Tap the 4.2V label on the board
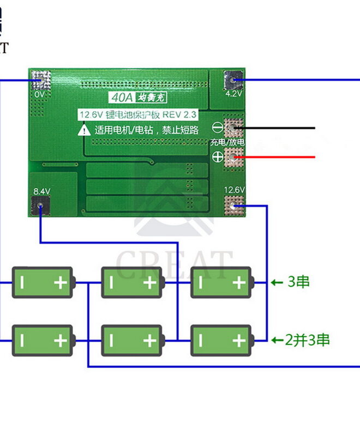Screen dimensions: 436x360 coord(233,93)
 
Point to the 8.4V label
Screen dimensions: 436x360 coord(41,191)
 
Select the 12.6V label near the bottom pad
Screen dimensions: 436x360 coord(235,190)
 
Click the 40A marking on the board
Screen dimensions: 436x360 coord(118,98)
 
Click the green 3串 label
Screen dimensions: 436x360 coord(298,282)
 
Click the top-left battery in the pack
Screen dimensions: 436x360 coord(43,282)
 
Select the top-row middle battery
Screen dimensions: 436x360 coord(131,282)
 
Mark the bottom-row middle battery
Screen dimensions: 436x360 coord(131,340)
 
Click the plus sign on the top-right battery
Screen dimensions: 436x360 coord(238,282)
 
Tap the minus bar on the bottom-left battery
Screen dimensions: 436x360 coord(22,340)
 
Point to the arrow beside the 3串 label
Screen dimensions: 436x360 coord(275,282)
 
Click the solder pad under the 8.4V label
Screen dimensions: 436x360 coord(40,206)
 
